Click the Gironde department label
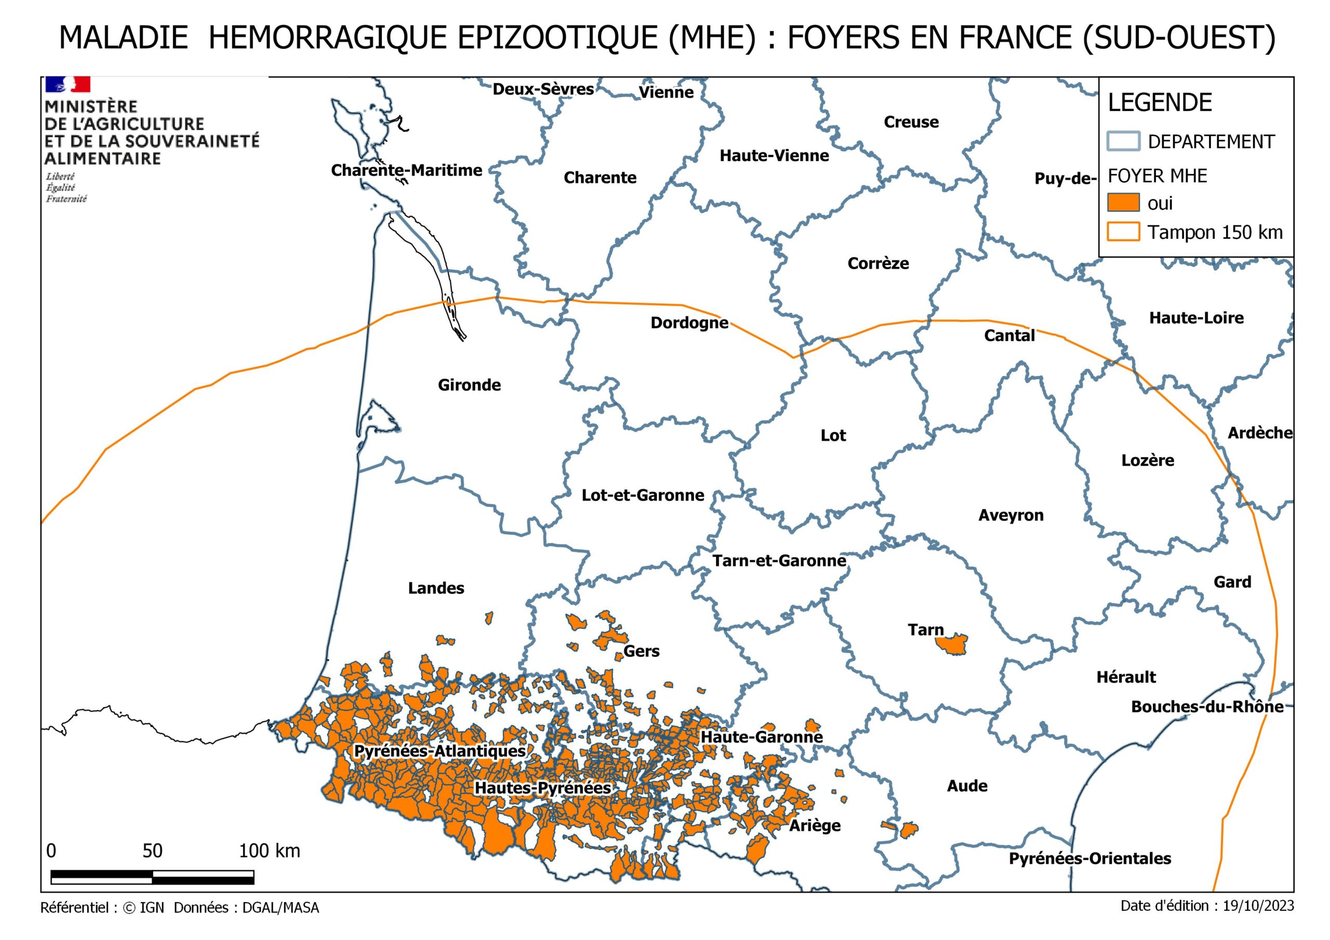click(469, 385)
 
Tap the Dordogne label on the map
click(689, 323)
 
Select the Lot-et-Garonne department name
click(643, 495)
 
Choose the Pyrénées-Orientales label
click(1089, 858)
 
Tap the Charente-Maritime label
click(407, 170)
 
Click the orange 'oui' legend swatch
click(1123, 203)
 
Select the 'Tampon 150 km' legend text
click(1215, 232)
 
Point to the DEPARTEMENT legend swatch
click(1123, 141)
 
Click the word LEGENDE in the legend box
click(1160, 103)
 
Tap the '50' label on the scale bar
click(152, 851)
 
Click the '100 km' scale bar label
click(269, 851)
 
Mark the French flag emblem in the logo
click(68, 85)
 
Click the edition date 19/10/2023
click(1258, 906)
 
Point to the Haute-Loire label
click(1196, 318)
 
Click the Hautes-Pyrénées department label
click(543, 788)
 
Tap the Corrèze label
click(878, 263)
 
